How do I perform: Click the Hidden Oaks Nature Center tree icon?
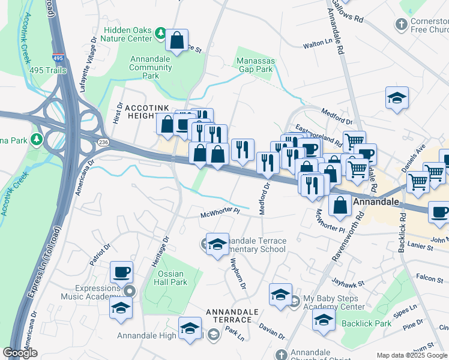tap(160, 33)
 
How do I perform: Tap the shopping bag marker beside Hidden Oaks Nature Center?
tap(177, 41)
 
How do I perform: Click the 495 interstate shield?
tap(58, 58)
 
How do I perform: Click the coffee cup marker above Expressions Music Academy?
tap(122, 272)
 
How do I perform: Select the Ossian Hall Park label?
tap(171, 277)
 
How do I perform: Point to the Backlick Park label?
tap(366, 323)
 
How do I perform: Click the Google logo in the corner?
tap(20, 353)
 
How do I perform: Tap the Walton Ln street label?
tap(318, 44)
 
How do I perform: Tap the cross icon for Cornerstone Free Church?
tap(401, 25)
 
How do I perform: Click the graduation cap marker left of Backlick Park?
tap(323, 320)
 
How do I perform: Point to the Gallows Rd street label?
tap(354, 12)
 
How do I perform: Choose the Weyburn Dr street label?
tap(238, 274)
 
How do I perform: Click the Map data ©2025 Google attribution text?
tap(412, 355)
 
